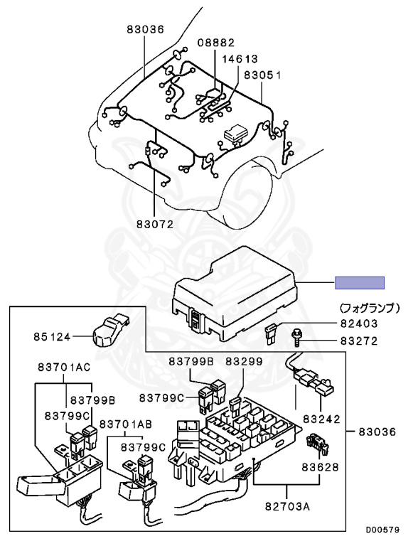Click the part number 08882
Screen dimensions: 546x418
(x=215, y=42)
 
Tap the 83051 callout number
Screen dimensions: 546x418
(x=262, y=74)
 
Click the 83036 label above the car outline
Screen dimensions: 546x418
(x=145, y=29)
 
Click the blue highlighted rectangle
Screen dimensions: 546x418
(x=360, y=283)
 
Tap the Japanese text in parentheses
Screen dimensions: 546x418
(x=370, y=309)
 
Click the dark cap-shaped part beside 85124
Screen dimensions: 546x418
(x=108, y=326)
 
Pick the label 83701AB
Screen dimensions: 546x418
(x=125, y=424)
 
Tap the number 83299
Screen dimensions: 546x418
(x=244, y=361)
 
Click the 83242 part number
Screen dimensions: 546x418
(x=321, y=420)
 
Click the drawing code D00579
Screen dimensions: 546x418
(x=383, y=530)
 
